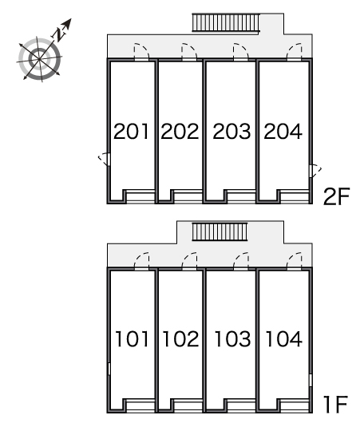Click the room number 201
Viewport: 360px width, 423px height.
[x=131, y=132]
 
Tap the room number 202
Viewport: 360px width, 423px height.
[x=180, y=132]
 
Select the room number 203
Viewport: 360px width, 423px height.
[x=231, y=132]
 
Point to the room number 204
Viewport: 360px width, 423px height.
[x=283, y=132]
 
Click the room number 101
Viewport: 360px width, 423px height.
[x=132, y=339]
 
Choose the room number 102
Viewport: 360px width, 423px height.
[x=181, y=339]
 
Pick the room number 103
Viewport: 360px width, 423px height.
[x=232, y=339]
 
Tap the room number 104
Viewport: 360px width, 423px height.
[x=284, y=339]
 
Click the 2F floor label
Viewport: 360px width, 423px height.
[x=336, y=196]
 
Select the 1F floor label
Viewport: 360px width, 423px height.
[x=336, y=404]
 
